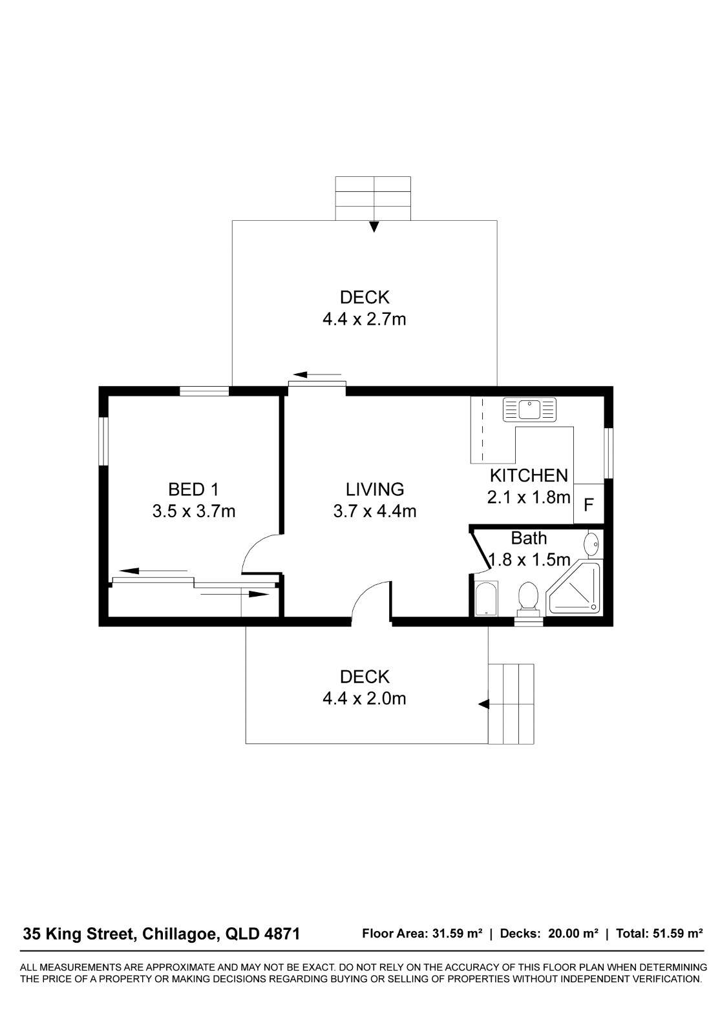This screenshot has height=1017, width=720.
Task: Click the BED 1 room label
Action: point(193,489)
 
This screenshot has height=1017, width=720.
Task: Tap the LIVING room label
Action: point(375,489)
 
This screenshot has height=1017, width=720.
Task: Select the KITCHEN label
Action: point(529,475)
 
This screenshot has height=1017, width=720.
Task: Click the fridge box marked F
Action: point(589,504)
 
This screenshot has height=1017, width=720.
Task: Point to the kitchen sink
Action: point(529,409)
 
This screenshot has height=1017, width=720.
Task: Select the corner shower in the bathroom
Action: point(574,588)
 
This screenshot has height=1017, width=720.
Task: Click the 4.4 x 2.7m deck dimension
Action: point(364,320)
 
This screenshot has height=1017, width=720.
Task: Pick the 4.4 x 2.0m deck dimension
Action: point(364,699)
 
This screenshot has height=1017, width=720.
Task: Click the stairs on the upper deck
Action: point(373,198)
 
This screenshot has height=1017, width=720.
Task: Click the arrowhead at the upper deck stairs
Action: point(374,227)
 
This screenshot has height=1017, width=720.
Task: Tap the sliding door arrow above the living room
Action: point(317,375)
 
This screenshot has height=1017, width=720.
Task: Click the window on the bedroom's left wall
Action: point(103,441)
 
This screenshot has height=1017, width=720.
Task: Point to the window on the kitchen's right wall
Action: point(609,453)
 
